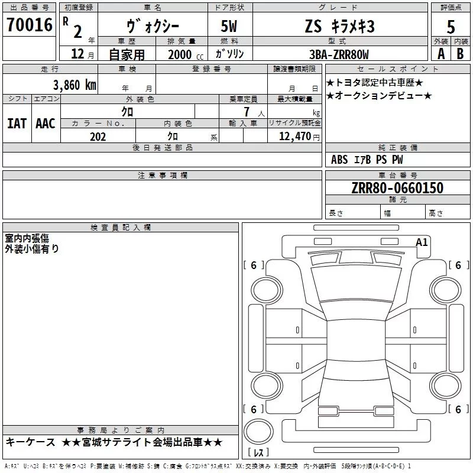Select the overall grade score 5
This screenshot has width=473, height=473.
pyautogui.click(x=451, y=27)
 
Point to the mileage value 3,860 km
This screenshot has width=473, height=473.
pyautogui.click(x=74, y=85)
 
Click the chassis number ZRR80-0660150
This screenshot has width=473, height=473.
pyautogui.click(x=398, y=189)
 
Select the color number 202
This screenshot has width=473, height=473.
pyautogui.click(x=98, y=137)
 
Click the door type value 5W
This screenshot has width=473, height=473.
pyautogui.click(x=230, y=27)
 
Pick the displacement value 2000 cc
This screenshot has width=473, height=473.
pyautogui.click(x=180, y=54)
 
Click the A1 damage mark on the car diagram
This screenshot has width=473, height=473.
pyautogui.click(x=422, y=242)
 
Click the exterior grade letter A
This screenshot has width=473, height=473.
pyautogui.click(x=440, y=54)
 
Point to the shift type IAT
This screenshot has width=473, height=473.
pyautogui.click(x=17, y=124)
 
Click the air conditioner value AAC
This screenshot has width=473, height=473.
pyautogui.click(x=45, y=124)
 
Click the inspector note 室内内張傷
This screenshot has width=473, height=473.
pyautogui.click(x=27, y=238)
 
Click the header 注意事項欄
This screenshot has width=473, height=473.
pyautogui.click(x=162, y=176)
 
